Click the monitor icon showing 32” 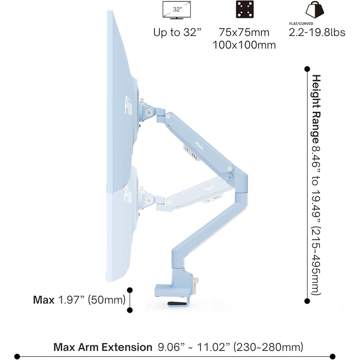[x=176, y=10]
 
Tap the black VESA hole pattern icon [x=245, y=9]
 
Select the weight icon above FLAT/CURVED [x=315, y=9]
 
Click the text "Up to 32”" [x=177, y=32]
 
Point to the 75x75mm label [x=244, y=32]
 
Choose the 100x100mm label [x=244, y=45]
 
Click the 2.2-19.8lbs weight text [x=317, y=32]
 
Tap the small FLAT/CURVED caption [x=301, y=24]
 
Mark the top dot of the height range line [x=307, y=69]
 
